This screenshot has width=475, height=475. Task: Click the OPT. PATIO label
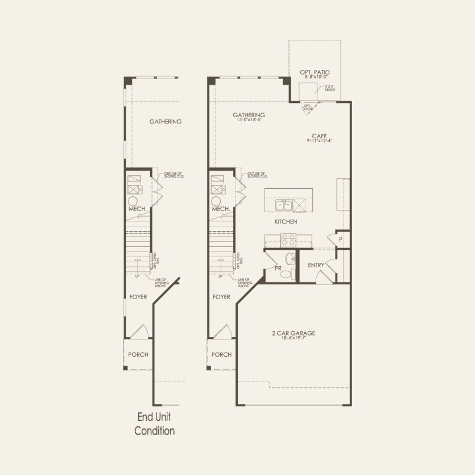315,72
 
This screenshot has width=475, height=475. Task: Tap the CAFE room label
319,135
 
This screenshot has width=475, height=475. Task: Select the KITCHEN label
286,221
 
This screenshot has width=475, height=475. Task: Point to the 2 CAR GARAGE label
294,333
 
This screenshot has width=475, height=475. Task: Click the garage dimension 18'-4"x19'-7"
294,338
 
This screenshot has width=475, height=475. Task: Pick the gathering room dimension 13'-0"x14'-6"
249,120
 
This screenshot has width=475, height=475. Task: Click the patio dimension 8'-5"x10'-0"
315,77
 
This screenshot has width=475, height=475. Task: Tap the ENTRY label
316,265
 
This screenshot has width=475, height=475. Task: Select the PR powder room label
278,268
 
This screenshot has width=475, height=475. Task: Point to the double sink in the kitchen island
283,205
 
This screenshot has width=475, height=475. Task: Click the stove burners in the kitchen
288,239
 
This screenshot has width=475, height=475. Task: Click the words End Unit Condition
154,424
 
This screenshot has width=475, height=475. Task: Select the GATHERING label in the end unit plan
166,121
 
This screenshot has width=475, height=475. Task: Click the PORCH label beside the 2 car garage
221,354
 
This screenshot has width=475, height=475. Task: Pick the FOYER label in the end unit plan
138,297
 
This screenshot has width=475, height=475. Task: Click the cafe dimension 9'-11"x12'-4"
319,141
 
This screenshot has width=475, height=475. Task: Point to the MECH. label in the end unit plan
138,209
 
